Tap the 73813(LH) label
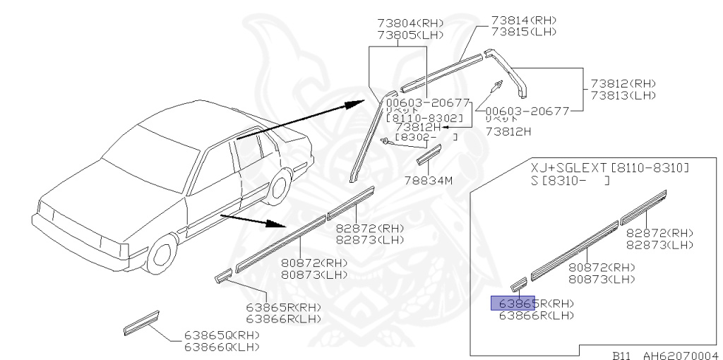pos(623,95)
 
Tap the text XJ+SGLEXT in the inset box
pos(569,169)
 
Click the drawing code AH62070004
pos(679,355)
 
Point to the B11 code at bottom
pos(621,355)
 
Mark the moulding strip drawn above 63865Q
pos(141,321)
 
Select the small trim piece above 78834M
pos(428,153)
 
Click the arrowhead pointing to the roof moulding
pos(356,104)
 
